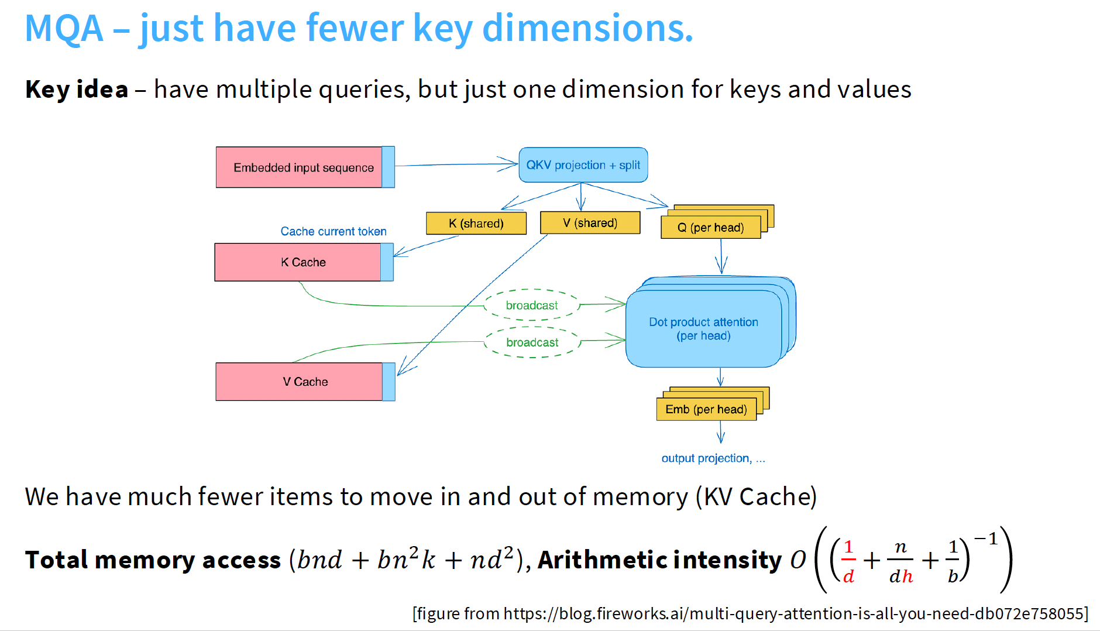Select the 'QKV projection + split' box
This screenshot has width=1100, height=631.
click(583, 165)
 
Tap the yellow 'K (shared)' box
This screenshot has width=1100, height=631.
click(476, 223)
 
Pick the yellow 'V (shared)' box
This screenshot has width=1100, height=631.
click(590, 223)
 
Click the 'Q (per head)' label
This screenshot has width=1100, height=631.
click(711, 228)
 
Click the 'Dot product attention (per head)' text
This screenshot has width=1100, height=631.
click(703, 328)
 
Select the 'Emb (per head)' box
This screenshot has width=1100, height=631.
click(706, 409)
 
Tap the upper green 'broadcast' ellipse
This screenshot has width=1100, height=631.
click(532, 305)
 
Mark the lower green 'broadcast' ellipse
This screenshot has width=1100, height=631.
click(532, 342)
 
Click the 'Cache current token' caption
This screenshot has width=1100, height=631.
click(334, 231)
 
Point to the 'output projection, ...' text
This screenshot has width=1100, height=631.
click(713, 458)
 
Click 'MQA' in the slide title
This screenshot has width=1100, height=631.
click(64, 28)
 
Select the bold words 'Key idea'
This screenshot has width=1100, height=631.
click(77, 90)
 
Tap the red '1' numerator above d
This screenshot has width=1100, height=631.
click(848, 547)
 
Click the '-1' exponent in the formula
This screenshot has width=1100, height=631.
click(986, 539)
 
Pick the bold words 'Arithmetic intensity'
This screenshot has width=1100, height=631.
click(659, 560)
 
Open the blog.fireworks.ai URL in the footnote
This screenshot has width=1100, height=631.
click(794, 613)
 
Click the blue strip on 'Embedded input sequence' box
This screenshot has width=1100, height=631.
click(388, 167)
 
